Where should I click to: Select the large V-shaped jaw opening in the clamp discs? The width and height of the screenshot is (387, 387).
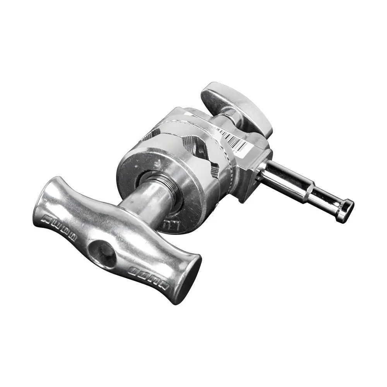coord(195,143)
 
